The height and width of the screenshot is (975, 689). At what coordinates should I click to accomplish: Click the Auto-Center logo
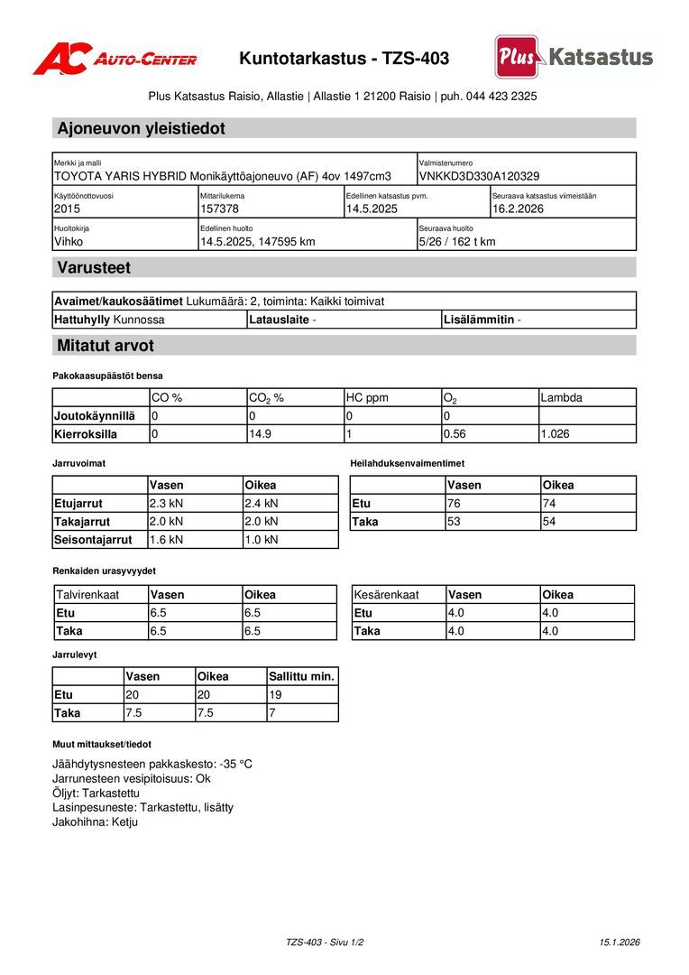pyautogui.click(x=115, y=59)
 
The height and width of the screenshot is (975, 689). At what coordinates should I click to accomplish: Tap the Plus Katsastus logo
pyautogui.click(x=574, y=57)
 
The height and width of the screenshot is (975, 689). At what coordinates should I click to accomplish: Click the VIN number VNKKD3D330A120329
pyautogui.click(x=479, y=176)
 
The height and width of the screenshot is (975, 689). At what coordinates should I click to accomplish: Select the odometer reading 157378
pyautogui.click(x=219, y=209)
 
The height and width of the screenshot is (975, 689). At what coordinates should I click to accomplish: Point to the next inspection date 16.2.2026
pyautogui.click(x=518, y=209)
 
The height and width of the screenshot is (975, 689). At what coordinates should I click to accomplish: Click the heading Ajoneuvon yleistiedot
pyautogui.click(x=141, y=128)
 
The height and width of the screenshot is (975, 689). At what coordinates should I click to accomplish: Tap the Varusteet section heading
pyautogui.click(x=94, y=267)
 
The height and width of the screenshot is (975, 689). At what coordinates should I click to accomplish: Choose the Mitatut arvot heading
pyautogui.click(x=106, y=345)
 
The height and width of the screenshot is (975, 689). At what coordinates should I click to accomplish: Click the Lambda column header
pyautogui.click(x=561, y=397)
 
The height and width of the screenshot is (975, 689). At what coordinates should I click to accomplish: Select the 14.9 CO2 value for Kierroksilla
pyautogui.click(x=260, y=434)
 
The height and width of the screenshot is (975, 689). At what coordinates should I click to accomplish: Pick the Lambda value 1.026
pyautogui.click(x=555, y=434)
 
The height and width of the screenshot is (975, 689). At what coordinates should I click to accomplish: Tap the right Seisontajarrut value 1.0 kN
pyautogui.click(x=262, y=540)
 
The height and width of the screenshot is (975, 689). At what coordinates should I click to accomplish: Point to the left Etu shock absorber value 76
pyautogui.click(x=455, y=504)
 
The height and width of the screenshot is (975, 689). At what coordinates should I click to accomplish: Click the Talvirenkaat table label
pyautogui.click(x=87, y=595)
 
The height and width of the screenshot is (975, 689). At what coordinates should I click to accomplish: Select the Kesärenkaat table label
pyautogui.click(x=387, y=595)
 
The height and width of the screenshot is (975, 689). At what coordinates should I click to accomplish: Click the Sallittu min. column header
pyautogui.click(x=302, y=676)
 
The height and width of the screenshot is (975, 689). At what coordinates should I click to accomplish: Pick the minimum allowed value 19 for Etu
pyautogui.click(x=276, y=695)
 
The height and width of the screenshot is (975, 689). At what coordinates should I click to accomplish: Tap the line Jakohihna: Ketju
pyautogui.click(x=96, y=822)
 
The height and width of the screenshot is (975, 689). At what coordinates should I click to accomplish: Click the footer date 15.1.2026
pyautogui.click(x=620, y=942)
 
